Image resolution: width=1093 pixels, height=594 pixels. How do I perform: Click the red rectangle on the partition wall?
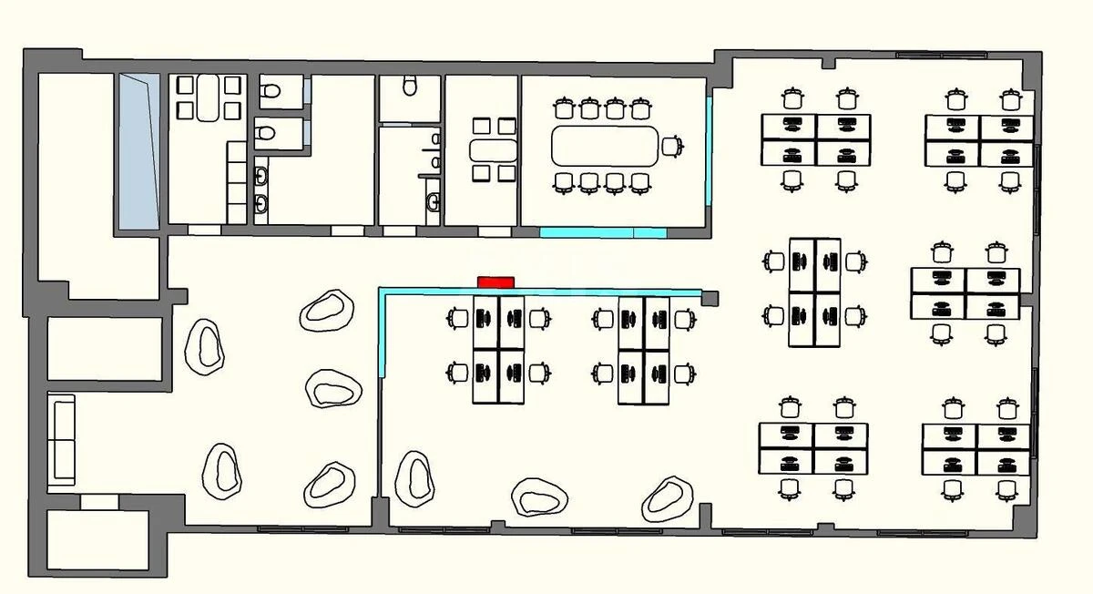496,282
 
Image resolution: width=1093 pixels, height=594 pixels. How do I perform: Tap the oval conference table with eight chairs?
605,146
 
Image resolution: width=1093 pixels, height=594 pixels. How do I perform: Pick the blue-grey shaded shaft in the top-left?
138,150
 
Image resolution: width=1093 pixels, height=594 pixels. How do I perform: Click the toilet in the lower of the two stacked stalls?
267,133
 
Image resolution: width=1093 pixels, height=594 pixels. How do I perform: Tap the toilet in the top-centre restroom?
410,87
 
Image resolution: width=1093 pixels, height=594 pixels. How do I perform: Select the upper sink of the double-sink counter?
261,175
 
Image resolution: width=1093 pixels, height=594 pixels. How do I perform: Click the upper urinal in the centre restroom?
435,139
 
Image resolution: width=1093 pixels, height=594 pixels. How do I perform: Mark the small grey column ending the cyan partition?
710,298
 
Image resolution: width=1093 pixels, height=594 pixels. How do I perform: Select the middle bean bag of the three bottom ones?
539,497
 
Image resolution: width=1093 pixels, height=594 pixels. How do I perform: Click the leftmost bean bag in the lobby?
205,344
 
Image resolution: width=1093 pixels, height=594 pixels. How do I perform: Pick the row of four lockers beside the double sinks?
237,181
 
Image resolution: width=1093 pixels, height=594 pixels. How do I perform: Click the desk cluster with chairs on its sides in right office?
814,292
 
